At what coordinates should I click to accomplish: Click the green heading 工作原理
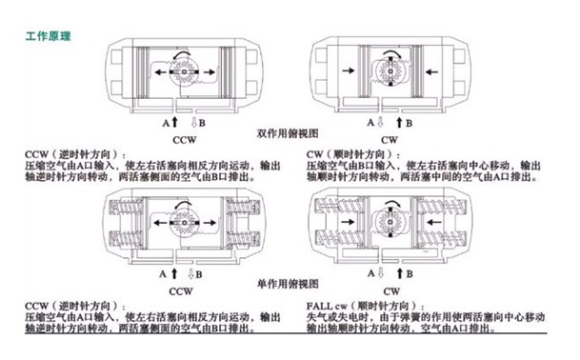[x=48, y=36]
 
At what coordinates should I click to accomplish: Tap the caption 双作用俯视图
[x=288, y=133]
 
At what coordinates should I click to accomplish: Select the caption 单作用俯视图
[x=288, y=284]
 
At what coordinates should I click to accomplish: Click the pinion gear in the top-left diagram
[x=184, y=71]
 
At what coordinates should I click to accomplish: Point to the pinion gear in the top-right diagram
[x=390, y=71]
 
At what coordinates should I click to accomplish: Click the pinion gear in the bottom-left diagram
[x=184, y=222]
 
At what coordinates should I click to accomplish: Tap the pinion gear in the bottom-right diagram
[x=390, y=222]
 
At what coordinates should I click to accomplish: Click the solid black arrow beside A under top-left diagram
[x=175, y=122]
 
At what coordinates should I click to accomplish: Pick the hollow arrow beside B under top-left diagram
[x=194, y=122]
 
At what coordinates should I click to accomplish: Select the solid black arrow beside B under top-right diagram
[x=399, y=122]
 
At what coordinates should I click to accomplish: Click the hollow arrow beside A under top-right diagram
[x=380, y=122]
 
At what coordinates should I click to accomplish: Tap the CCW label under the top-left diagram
[x=184, y=140]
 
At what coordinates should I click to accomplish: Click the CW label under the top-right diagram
[x=390, y=140]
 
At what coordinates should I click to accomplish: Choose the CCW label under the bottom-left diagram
[x=181, y=291]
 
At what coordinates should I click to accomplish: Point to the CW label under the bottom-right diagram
[x=391, y=291]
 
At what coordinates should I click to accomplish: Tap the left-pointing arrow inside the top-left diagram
[x=160, y=71]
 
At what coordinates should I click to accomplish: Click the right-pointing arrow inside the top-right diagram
[x=349, y=70]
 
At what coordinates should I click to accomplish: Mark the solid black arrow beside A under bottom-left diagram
[x=174, y=273]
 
